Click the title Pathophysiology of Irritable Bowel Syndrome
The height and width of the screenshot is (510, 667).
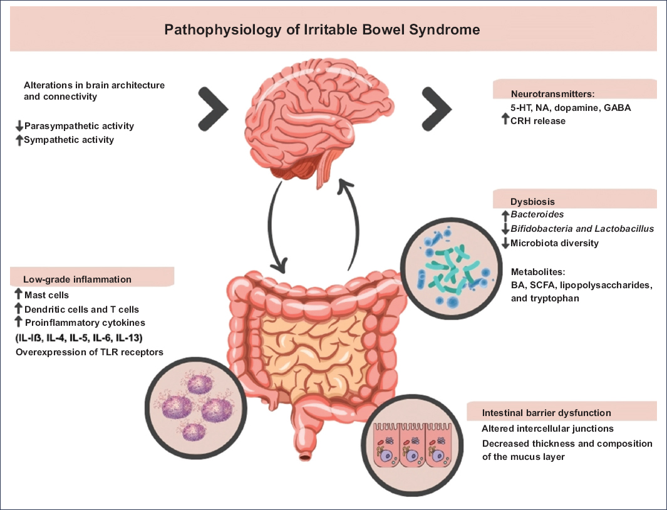pyautogui.click(x=322, y=29)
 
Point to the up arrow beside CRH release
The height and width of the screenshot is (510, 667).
pyautogui.click(x=505, y=120)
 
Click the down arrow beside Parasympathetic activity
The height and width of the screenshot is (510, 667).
pyautogui.click(x=19, y=127)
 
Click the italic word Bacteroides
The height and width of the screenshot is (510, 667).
pyautogui.click(x=537, y=215)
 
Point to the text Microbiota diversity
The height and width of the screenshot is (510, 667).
pyautogui.click(x=555, y=243)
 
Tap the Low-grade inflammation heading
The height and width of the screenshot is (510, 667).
pyautogui.click(x=78, y=279)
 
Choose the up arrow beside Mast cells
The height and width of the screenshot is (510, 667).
pyautogui.click(x=19, y=294)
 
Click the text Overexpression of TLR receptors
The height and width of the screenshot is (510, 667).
pyautogui.click(x=89, y=352)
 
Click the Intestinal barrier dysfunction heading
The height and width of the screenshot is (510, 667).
pyautogui.click(x=547, y=413)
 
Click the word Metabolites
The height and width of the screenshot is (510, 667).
pyautogui.click(x=538, y=272)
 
